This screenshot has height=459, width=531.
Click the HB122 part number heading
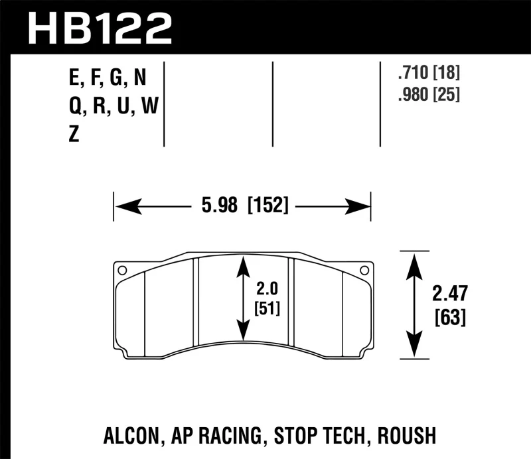coord(100,28)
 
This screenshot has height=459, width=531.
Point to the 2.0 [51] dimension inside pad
coord(269,299)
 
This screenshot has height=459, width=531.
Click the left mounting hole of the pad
coord(121,270)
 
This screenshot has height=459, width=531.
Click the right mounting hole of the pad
coord(363,270)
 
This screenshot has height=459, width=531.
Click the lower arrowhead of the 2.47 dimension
coord(414,348)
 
